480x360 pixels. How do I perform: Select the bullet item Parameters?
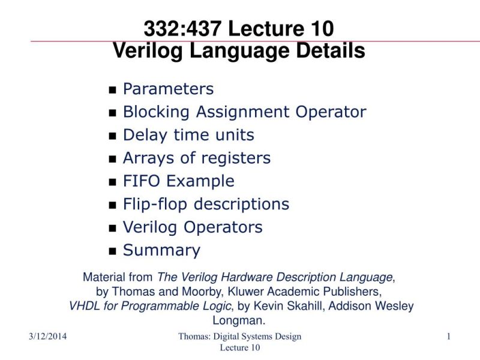(168, 89)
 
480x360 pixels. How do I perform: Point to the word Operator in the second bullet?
(331, 112)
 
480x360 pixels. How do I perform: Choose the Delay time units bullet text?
(188, 135)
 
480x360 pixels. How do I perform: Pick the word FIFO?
(142, 181)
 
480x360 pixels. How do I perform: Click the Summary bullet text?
(161, 250)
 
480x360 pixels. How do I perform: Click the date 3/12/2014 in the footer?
(47, 337)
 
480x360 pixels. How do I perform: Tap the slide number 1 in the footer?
(448, 337)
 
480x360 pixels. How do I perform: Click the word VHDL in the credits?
(84, 306)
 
